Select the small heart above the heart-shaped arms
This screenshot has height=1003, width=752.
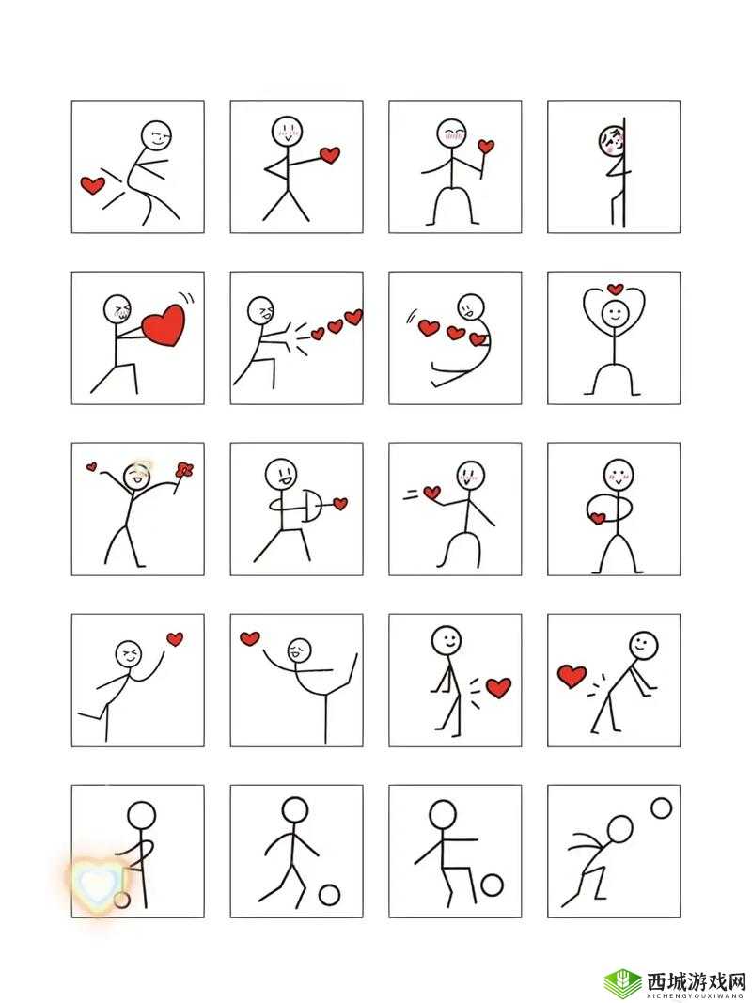pyautogui.click(x=615, y=289)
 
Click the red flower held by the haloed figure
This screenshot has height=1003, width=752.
pyautogui.click(x=185, y=469)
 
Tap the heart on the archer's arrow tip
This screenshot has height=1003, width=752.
pyautogui.click(x=340, y=504)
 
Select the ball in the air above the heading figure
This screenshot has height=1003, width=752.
pyautogui.click(x=661, y=807)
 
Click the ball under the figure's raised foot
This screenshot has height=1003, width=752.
pyautogui.click(x=492, y=885)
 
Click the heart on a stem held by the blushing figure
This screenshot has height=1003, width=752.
pyautogui.click(x=487, y=147)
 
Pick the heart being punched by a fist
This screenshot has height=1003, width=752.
pyautogui.click(x=330, y=155)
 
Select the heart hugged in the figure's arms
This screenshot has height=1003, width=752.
pyautogui.click(x=598, y=518)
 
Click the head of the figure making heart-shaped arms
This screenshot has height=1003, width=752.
pyautogui.click(x=615, y=313)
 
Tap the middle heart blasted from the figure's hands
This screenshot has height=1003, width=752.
pyautogui.click(x=335, y=327)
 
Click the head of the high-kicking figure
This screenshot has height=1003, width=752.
pyautogui.click(x=299, y=650)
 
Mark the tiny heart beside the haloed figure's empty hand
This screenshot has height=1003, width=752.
pyautogui.click(x=92, y=467)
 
